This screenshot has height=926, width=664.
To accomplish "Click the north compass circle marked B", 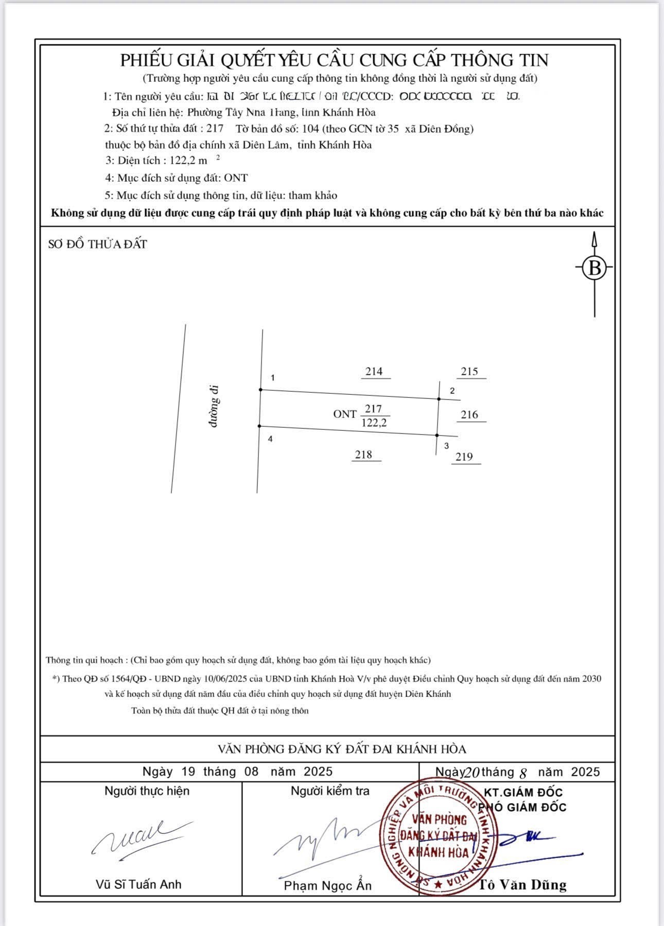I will [x=595, y=268].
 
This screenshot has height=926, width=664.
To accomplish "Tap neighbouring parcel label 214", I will [x=374, y=372].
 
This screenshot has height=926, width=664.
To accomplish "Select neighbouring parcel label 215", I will [x=469, y=372].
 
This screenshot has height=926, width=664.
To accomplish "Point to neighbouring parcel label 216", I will [x=469, y=415].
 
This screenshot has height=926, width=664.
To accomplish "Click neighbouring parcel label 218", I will [x=363, y=455].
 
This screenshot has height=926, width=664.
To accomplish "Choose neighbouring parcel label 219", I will [x=464, y=457].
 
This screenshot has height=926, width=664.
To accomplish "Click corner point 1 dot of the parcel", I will [x=260, y=390].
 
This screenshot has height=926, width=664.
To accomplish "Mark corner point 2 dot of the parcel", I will [x=439, y=399].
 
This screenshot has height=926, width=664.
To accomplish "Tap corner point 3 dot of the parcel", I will [x=437, y=435].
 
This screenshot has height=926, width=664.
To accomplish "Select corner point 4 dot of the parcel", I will [x=259, y=426].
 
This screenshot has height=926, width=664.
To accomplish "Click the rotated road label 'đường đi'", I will [x=214, y=406].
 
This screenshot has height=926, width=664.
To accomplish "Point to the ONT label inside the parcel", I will [x=345, y=414].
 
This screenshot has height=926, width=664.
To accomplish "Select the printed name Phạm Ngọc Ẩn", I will [x=328, y=885].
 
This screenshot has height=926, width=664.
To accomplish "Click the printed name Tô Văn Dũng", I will [x=522, y=885].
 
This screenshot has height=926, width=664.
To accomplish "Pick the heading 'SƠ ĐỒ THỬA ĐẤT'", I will [x=98, y=244].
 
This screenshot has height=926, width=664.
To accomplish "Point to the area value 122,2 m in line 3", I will [x=188, y=161].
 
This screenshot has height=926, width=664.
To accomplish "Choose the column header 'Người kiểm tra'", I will [x=330, y=791].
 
